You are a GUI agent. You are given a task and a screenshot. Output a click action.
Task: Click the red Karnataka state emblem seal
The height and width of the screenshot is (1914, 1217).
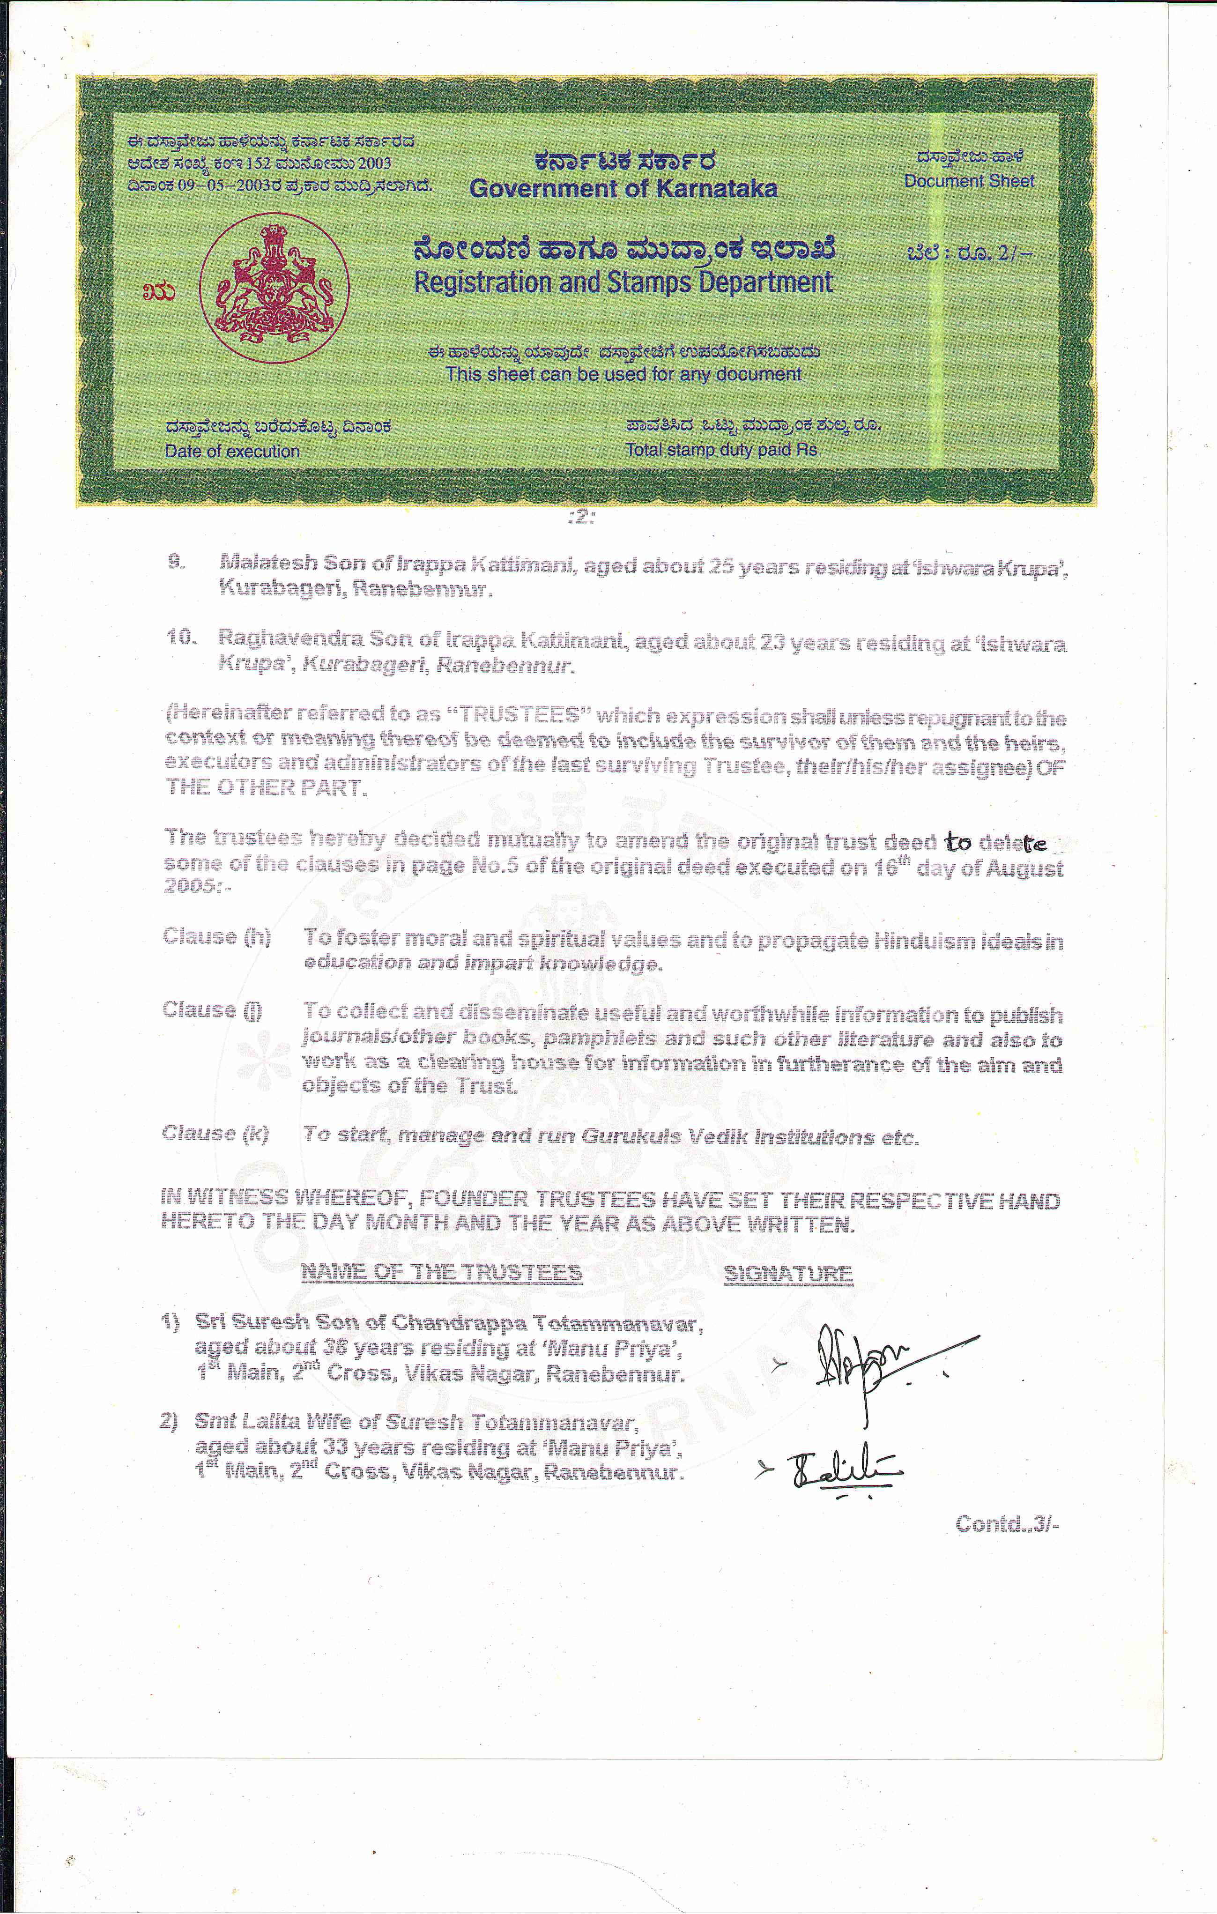click(x=274, y=288)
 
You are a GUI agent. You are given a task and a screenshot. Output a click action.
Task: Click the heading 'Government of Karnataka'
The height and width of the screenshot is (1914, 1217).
click(x=623, y=188)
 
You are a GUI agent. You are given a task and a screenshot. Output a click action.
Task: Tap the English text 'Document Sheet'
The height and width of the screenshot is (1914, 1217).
click(x=969, y=181)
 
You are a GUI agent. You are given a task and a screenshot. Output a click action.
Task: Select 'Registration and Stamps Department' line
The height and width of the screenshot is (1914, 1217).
click(x=623, y=282)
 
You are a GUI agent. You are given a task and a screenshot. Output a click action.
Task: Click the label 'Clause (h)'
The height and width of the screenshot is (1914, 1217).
click(x=217, y=936)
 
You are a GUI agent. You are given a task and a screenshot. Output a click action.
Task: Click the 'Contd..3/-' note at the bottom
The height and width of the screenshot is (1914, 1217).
click(x=1006, y=1524)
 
